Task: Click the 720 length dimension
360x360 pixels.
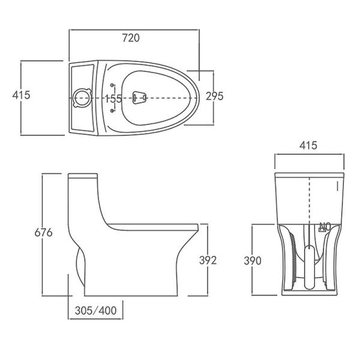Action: tap(131, 38)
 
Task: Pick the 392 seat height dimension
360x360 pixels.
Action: tap(207, 260)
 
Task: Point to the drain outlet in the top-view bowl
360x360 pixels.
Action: tap(139, 96)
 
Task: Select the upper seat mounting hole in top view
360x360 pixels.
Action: tap(113, 84)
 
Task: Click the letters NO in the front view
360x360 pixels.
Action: tap(325, 226)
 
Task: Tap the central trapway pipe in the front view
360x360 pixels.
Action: tap(308, 267)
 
